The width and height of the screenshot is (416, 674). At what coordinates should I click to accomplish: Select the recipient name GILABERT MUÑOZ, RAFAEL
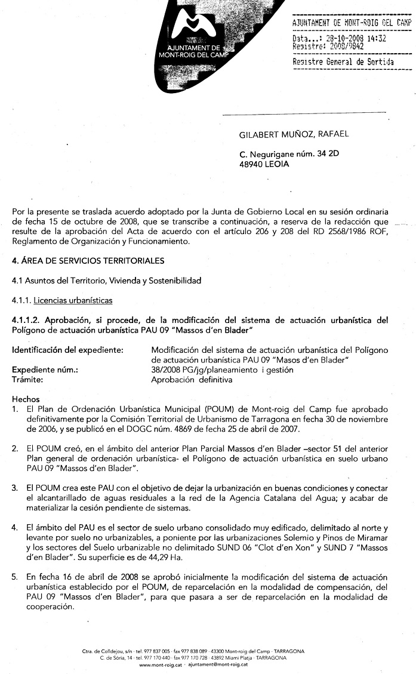pyautogui.click(x=294, y=134)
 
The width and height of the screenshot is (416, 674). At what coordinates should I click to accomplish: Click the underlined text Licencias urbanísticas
pyautogui.click(x=73, y=300)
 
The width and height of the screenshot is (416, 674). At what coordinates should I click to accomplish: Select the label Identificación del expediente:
pyautogui.click(x=67, y=349)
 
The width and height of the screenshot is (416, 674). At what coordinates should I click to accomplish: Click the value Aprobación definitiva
pyautogui.click(x=192, y=379)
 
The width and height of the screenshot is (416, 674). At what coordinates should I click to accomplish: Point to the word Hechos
pyautogui.click(x=26, y=399)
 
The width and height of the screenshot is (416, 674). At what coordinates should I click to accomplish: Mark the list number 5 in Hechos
pyautogui.click(x=14, y=577)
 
